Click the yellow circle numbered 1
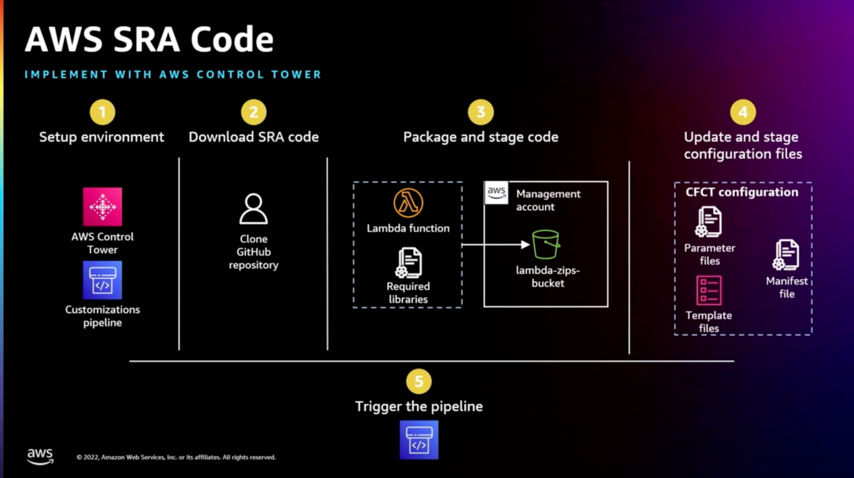102,112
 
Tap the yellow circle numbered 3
480,112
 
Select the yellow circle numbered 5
419,381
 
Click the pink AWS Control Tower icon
102,207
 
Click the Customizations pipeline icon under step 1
102,280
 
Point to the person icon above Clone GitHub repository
254,209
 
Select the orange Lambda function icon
408,203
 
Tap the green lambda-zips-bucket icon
545,245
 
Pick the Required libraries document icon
409,263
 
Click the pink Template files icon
708,290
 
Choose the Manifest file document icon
786,255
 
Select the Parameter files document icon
708,222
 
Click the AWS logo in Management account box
496,193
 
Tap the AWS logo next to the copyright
40,456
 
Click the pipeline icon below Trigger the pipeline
419,440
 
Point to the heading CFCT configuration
742,192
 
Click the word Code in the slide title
232,39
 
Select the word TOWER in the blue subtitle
296,75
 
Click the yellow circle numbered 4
743,112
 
